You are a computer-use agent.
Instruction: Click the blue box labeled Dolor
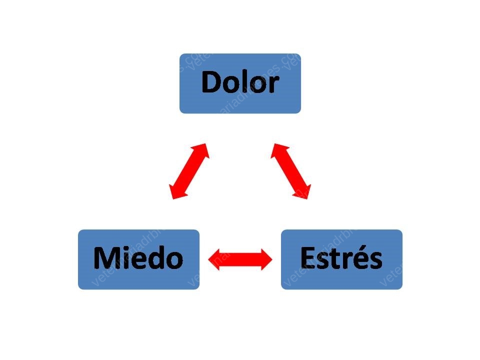coord(240,83)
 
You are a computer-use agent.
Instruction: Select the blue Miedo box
coord(138,259)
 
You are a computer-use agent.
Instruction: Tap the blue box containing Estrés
coord(341,259)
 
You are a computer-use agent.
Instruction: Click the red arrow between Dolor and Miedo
coord(189,171)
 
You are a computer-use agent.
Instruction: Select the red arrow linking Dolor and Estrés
coord(291,171)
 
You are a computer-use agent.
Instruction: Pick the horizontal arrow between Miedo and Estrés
coord(240,259)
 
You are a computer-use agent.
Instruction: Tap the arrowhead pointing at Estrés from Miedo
coord(266,259)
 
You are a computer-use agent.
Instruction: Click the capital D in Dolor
coord(211,81)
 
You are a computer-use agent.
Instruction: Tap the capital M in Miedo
coord(106,258)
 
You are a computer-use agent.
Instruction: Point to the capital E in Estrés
coord(307,258)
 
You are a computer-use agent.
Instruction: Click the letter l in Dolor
coord(241,81)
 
